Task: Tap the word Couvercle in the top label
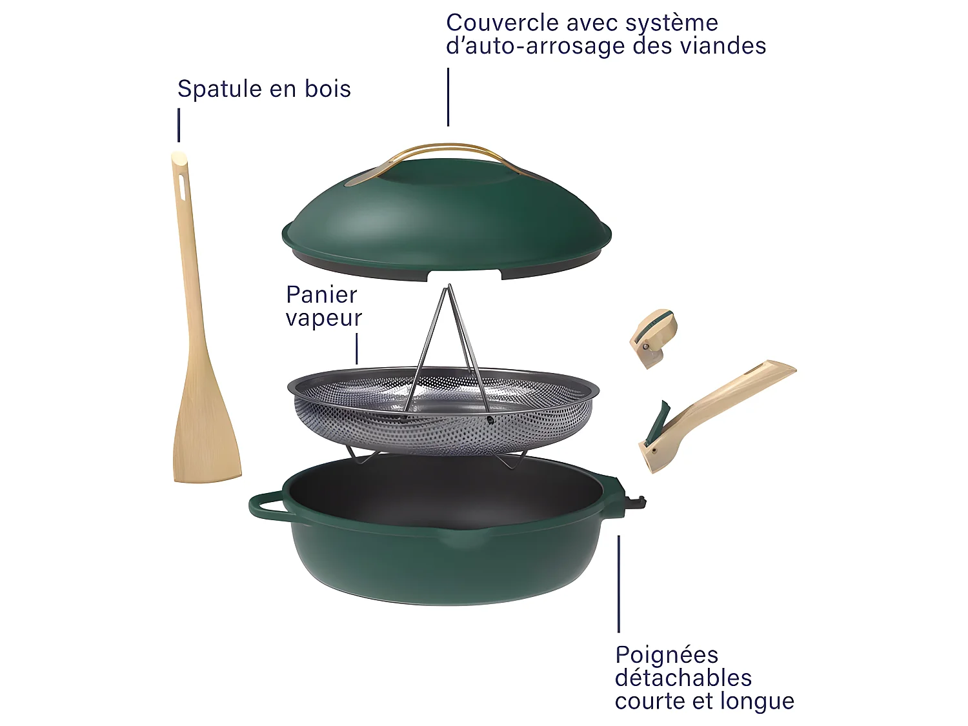pos(502,23)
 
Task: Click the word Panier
pos(321,295)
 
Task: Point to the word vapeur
pos(324,318)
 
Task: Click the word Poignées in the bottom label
pos(667,655)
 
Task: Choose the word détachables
pos(683,678)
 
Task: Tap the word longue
pos(758,701)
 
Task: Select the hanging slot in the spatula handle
pos(181,187)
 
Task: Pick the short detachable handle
pos(653,337)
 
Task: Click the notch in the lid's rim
pos(465,276)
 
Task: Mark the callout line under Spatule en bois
pos(179,125)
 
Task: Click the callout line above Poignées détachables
pos(618,584)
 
